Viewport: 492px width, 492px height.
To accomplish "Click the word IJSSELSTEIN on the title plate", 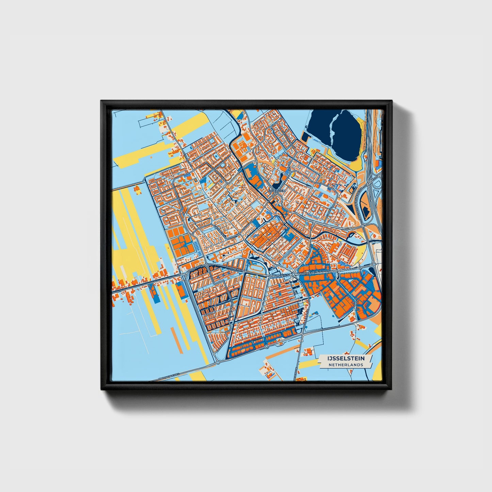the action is pyautogui.click(x=346, y=359).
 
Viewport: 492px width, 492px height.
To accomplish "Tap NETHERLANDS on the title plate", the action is pyautogui.click(x=346, y=365).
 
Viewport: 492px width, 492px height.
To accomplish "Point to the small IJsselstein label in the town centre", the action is pyautogui.click(x=277, y=191).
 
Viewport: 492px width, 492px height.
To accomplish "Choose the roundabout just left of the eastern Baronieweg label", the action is pyautogui.click(x=293, y=274).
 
